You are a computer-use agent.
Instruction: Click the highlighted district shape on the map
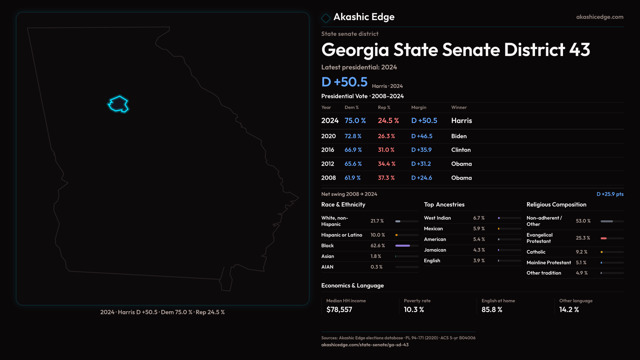pos(118,104)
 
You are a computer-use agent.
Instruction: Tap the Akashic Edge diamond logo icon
pos(326,18)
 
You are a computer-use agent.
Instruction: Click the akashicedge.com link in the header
pos(599,17)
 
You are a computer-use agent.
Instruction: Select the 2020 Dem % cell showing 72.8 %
pos(353,136)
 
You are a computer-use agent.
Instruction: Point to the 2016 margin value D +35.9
pos(421,150)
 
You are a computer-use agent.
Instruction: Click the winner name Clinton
pos(461,150)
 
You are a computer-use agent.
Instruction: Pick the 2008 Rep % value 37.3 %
pos(386,178)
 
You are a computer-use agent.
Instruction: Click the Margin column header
pos(418,107)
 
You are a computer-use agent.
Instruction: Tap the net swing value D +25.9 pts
pos(610,194)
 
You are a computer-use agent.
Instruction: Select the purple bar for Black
pos(402,246)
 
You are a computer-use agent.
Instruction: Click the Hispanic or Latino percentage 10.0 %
pos(377,235)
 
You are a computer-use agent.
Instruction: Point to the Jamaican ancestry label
pos(435,250)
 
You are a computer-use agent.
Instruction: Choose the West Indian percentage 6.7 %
pos(479,218)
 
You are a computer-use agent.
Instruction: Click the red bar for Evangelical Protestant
pos(603,238)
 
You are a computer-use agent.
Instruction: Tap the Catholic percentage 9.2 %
pos(581,252)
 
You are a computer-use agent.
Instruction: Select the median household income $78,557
pos(339,310)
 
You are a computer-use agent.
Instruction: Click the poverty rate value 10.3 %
pos(414,310)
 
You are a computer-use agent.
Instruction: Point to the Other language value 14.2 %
pos(569,310)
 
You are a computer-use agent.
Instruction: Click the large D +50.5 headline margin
pos(344,82)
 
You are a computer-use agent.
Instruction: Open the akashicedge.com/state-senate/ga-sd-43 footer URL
pos(365,345)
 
